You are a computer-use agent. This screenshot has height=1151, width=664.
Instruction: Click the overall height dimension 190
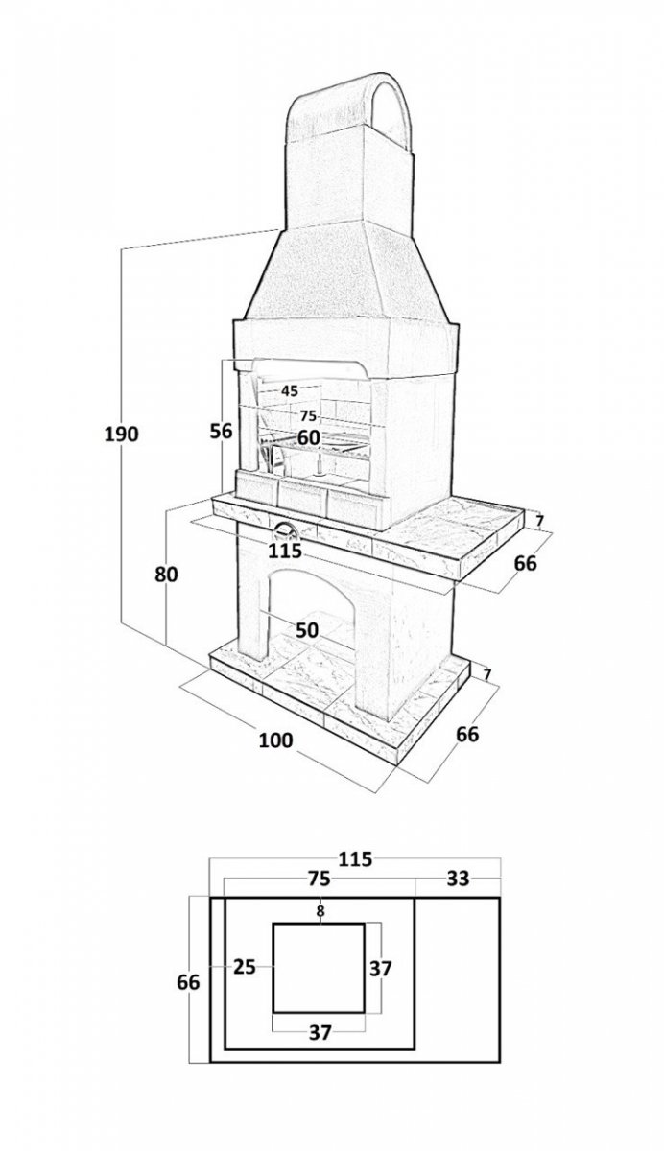(x=122, y=435)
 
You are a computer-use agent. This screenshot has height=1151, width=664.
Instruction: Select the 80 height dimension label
(x=166, y=574)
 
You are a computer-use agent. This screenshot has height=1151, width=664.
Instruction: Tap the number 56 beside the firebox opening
(x=222, y=431)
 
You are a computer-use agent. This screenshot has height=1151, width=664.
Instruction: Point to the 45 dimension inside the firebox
(x=290, y=391)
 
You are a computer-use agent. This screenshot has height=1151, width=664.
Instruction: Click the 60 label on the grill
(x=308, y=437)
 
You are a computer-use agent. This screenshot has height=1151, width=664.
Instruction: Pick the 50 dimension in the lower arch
(x=307, y=630)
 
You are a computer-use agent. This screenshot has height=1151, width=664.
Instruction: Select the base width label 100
(x=275, y=740)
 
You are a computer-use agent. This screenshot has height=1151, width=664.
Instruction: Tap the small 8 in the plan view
(x=320, y=911)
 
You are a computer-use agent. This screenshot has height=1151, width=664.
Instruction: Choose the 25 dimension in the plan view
(x=245, y=967)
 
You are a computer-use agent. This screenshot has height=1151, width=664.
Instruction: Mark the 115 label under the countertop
(x=285, y=551)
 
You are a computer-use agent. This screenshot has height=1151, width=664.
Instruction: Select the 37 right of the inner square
(x=381, y=969)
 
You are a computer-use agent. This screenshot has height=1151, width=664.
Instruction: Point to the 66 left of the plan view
(x=188, y=982)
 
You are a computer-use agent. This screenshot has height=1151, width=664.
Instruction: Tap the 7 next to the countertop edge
(x=538, y=521)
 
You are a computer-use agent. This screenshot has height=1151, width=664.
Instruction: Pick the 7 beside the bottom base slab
(x=487, y=673)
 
